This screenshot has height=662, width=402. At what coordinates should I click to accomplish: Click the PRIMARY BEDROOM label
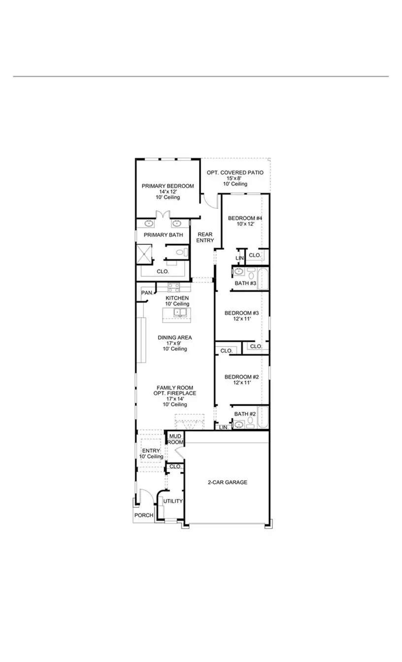167,186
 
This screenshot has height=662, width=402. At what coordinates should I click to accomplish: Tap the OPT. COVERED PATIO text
235,173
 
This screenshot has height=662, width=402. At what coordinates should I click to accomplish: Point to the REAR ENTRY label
205,237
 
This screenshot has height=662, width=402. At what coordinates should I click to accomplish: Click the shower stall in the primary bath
146,253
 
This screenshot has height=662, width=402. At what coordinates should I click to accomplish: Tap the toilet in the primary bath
181,253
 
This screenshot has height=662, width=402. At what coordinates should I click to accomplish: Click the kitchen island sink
178,312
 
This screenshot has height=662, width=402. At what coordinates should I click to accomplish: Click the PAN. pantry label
147,293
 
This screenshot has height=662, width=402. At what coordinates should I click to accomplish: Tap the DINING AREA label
174,338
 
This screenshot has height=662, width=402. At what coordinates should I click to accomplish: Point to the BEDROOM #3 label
242,313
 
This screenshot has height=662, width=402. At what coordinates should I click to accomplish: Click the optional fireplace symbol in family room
189,422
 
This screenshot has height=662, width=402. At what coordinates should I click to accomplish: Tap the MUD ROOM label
175,439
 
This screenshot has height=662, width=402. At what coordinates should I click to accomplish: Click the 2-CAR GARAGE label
227,482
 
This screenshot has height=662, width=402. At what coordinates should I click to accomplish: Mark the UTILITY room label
173,501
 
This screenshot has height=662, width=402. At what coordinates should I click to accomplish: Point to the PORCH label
143,515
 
